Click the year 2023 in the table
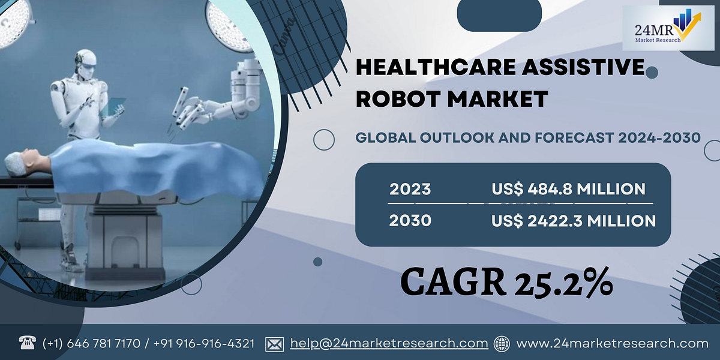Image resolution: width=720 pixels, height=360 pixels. click(x=410, y=190)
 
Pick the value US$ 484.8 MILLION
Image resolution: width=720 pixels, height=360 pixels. click(x=568, y=190)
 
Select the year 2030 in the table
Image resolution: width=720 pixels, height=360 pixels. click(x=410, y=221)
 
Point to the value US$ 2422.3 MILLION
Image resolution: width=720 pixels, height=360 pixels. click(x=573, y=221)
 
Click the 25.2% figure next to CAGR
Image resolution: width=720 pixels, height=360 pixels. click(x=562, y=281)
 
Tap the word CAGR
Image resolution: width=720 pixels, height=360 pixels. click(x=454, y=281)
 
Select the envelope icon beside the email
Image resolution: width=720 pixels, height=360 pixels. click(x=274, y=344)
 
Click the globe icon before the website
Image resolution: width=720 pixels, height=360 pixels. click(x=502, y=344)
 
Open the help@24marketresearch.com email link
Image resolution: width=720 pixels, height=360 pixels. click(x=389, y=344)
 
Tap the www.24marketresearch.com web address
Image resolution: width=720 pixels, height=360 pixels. click(x=613, y=344)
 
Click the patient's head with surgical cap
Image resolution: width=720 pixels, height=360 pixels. click(x=18, y=162)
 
